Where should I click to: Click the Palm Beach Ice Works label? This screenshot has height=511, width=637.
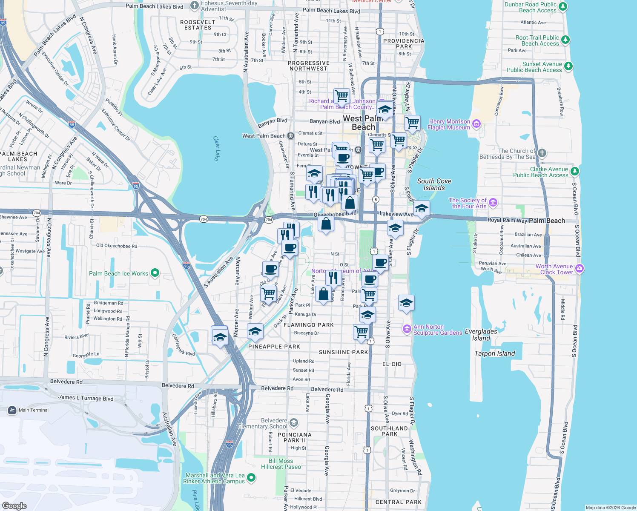(x=118, y=273)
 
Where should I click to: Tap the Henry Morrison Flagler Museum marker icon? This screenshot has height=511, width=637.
(x=476, y=124)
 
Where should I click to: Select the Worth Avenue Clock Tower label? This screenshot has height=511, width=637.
(x=554, y=269)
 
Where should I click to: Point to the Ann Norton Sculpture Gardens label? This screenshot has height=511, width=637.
(x=438, y=330)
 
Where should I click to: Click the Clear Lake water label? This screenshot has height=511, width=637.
(x=216, y=148)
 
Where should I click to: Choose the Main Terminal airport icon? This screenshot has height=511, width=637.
(x=12, y=410)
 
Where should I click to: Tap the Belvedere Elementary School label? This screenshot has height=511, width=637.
(x=262, y=423)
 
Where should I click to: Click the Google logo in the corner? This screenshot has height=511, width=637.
(x=14, y=505)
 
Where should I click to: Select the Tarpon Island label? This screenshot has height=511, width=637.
(x=494, y=353)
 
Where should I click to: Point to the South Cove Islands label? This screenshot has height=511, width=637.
(x=434, y=184)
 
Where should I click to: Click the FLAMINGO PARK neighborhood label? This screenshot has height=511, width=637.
(x=309, y=325)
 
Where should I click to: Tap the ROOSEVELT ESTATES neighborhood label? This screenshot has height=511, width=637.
(x=198, y=25)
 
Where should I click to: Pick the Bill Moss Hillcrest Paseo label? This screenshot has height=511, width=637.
(x=281, y=464)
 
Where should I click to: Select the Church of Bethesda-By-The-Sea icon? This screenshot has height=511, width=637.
(x=542, y=153)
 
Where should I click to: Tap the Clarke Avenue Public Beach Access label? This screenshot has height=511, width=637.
(x=540, y=172)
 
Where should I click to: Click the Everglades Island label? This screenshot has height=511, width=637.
(x=481, y=335)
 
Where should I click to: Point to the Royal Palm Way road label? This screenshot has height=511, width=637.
(x=507, y=220)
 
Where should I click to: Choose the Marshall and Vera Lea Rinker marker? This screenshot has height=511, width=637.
(x=251, y=478)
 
